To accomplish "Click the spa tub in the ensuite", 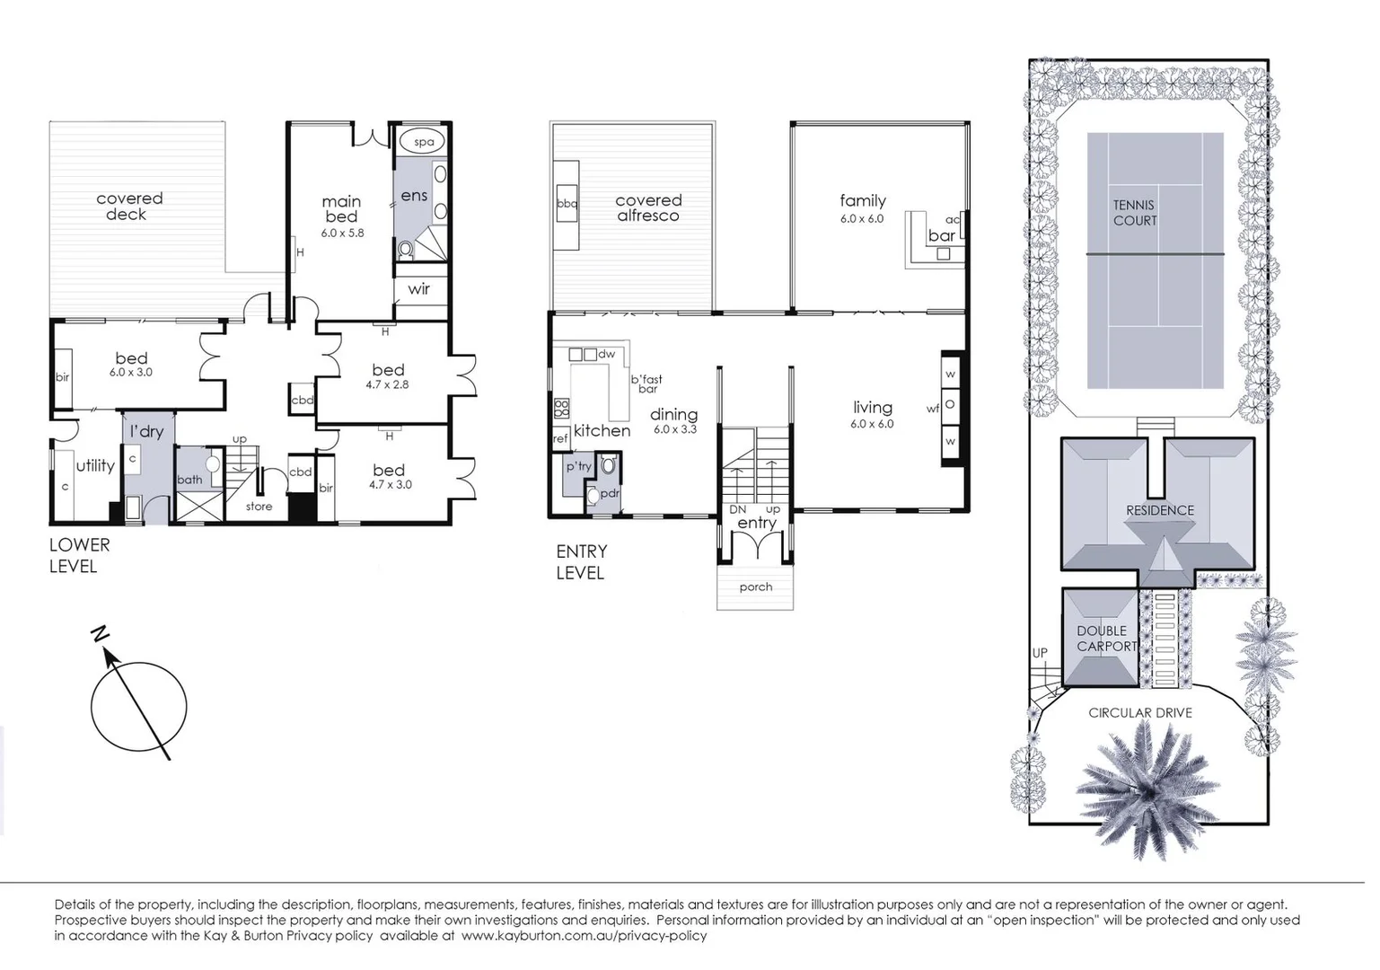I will (424, 142).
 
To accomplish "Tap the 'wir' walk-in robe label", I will (418, 289).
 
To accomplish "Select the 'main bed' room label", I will (341, 208).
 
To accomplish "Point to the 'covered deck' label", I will (129, 206).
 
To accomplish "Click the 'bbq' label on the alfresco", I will (567, 204).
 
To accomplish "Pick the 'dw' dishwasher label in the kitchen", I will (607, 354).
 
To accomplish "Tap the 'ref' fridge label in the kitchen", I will (560, 439).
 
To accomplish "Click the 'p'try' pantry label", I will (578, 466).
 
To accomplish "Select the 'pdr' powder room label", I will (610, 493).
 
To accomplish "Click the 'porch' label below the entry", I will (755, 586).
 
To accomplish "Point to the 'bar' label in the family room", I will (942, 235).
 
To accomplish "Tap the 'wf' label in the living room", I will (933, 409).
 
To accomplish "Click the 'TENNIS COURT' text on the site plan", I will (1135, 213).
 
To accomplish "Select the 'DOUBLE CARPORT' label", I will (1106, 639).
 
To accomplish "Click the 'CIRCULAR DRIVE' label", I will (1140, 712).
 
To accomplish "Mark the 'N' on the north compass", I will (100, 635).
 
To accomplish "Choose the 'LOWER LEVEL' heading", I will (79, 555).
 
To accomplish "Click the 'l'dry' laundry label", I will (146, 432).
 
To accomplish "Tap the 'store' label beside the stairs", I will (259, 507).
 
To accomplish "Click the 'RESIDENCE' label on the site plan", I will (1160, 510).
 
